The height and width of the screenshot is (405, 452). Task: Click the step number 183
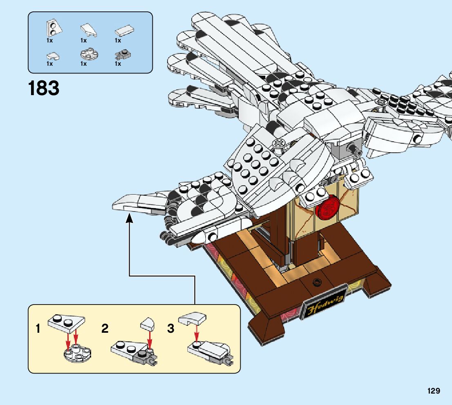click(x=44, y=89)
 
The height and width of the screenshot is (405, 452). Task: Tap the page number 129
click(x=434, y=391)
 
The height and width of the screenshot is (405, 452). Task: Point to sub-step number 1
click(x=38, y=329)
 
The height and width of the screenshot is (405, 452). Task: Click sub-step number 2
click(x=105, y=329)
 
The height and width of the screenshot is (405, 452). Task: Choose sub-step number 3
click(x=171, y=329)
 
